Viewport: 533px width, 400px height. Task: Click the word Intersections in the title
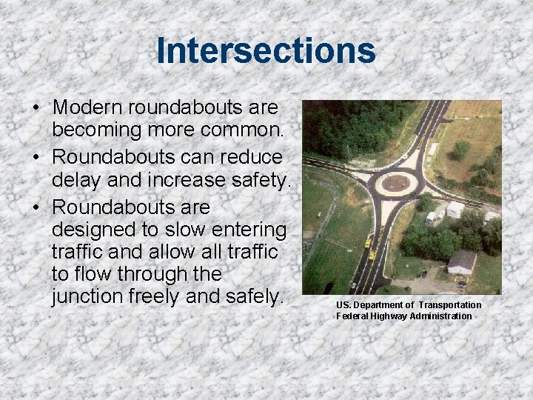[x=266, y=51]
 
